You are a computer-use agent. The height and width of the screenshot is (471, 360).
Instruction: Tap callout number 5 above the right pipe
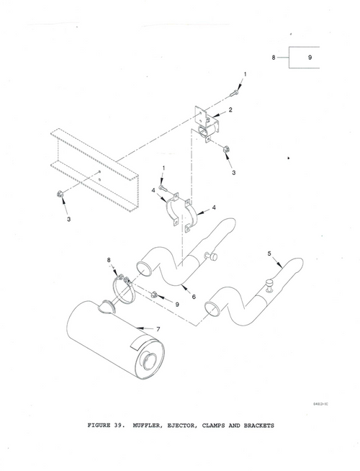(269, 253)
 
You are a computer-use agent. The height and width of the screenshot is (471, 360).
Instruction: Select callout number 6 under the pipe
(193, 296)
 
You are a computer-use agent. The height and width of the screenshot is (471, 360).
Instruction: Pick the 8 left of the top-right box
(274, 57)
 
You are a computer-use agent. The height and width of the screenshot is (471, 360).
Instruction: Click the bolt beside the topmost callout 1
(235, 93)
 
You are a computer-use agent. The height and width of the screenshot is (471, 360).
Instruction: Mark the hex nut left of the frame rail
(59, 194)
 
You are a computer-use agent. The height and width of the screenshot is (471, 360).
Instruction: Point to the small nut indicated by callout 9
(155, 294)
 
